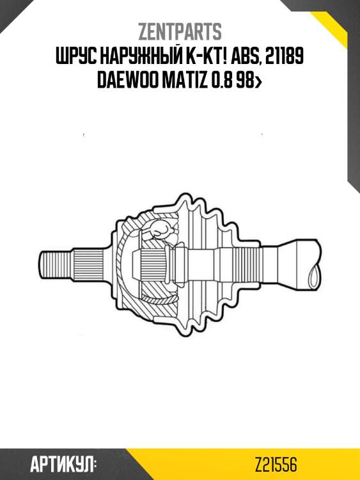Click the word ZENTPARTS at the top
[x=180, y=31]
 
